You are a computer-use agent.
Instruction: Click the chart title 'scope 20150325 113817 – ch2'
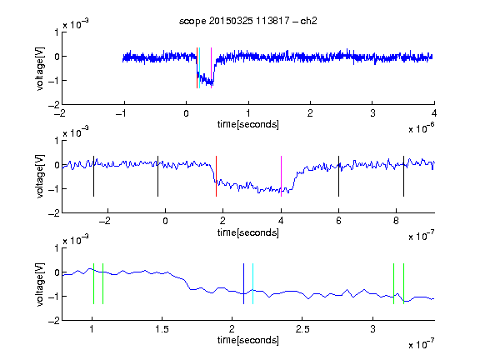(248, 21)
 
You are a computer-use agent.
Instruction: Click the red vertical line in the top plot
(197, 68)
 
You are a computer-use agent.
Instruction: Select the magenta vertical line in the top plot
(211, 68)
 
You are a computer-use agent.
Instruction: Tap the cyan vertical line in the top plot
(200, 68)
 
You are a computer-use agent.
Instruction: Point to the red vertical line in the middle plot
(216, 176)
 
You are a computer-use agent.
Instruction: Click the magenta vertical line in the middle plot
(282, 176)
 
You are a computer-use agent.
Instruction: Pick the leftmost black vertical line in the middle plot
(93, 176)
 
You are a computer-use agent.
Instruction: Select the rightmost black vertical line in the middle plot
(404, 176)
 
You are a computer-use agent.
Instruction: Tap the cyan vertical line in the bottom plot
(252, 284)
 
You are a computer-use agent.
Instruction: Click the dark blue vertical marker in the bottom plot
(243, 284)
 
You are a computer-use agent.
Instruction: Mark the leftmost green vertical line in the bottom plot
(93, 284)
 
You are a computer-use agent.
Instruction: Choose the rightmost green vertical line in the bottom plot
(404, 284)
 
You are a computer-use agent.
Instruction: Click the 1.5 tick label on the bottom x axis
(162, 329)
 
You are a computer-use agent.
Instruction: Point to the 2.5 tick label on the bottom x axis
(302, 329)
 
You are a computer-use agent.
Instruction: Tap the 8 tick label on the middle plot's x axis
(396, 221)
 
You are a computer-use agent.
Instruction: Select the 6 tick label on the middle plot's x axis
(338, 221)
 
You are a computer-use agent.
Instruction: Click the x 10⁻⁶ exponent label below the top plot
(422, 128)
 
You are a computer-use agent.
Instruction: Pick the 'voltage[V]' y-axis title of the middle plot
(40, 177)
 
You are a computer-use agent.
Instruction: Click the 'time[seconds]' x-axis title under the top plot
(248, 124)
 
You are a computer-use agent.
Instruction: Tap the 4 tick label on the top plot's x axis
(434, 113)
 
